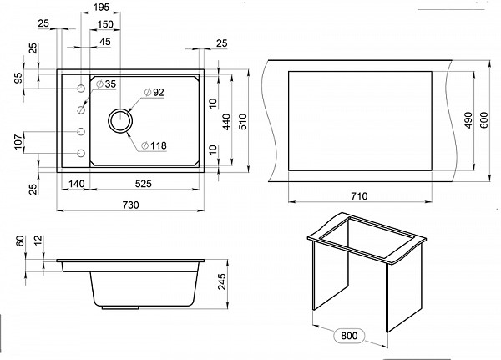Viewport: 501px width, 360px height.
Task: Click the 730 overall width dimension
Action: click(131, 205)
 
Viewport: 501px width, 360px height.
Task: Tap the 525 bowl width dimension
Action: click(143, 184)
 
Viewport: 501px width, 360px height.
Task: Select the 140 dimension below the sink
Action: click(77, 184)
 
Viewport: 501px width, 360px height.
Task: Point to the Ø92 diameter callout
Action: click(154, 93)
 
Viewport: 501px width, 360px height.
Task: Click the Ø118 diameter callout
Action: click(154, 146)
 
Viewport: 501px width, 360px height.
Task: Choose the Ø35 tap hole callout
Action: click(106, 84)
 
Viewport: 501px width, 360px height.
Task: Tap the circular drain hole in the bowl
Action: click(120, 120)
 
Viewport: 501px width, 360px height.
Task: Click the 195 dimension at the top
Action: click(102, 7)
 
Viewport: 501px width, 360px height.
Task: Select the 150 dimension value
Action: click(105, 24)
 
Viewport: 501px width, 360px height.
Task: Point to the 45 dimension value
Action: click(105, 42)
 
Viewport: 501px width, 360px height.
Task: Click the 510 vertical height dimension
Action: click(244, 121)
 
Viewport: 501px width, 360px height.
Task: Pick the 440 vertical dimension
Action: click(226, 121)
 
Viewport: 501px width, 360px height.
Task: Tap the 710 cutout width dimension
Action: click(359, 196)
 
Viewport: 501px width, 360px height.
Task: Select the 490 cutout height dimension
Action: click(468, 120)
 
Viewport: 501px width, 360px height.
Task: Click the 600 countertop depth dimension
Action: click(484, 120)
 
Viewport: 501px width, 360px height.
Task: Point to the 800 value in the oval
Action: click(349, 336)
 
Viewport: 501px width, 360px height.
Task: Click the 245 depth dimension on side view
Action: click(221, 281)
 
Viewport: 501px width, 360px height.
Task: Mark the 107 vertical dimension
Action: click(18, 141)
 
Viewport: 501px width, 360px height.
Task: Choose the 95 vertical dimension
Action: click(18, 78)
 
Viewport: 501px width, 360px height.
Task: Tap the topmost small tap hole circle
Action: click(81, 89)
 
